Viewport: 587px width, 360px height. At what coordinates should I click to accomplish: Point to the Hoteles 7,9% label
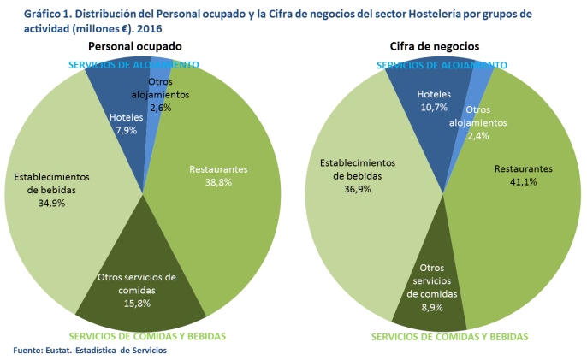(x=127, y=124)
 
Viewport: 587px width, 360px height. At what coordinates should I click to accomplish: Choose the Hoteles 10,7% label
(x=434, y=101)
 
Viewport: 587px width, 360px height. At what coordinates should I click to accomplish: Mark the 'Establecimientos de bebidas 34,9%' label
(x=47, y=190)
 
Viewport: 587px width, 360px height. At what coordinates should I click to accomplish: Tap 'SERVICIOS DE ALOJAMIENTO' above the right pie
(x=442, y=65)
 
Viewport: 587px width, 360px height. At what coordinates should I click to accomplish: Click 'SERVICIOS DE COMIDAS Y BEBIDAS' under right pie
(x=449, y=337)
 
